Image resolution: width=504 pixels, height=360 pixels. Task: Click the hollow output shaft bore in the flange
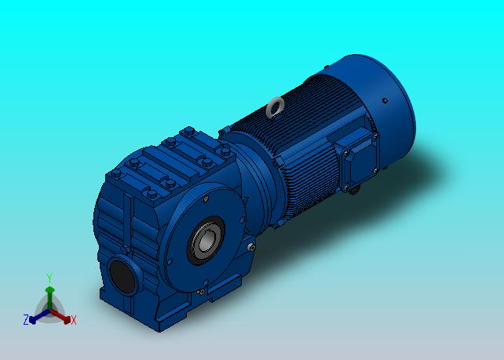click(206, 241)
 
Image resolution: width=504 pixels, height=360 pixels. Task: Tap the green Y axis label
click(49, 278)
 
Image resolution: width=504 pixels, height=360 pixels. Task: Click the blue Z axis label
click(26, 319)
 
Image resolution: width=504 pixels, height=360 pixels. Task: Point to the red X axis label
click(74, 320)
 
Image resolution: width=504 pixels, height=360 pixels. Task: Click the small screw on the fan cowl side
click(385, 100)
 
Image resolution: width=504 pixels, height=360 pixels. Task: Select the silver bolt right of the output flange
click(251, 247)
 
